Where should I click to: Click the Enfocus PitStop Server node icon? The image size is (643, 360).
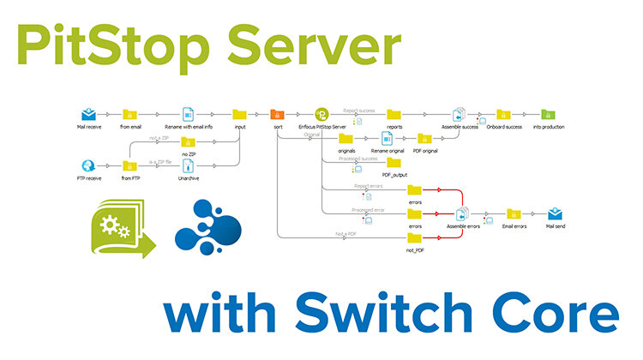pyautogui.click(x=321, y=114)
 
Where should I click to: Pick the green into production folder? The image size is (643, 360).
pyautogui.click(x=548, y=114)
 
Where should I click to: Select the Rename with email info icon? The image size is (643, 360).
pyautogui.click(x=189, y=114)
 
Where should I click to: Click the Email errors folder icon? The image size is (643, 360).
pyautogui.click(x=513, y=213)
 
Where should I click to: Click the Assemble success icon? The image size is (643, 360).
pyautogui.click(x=459, y=114)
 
